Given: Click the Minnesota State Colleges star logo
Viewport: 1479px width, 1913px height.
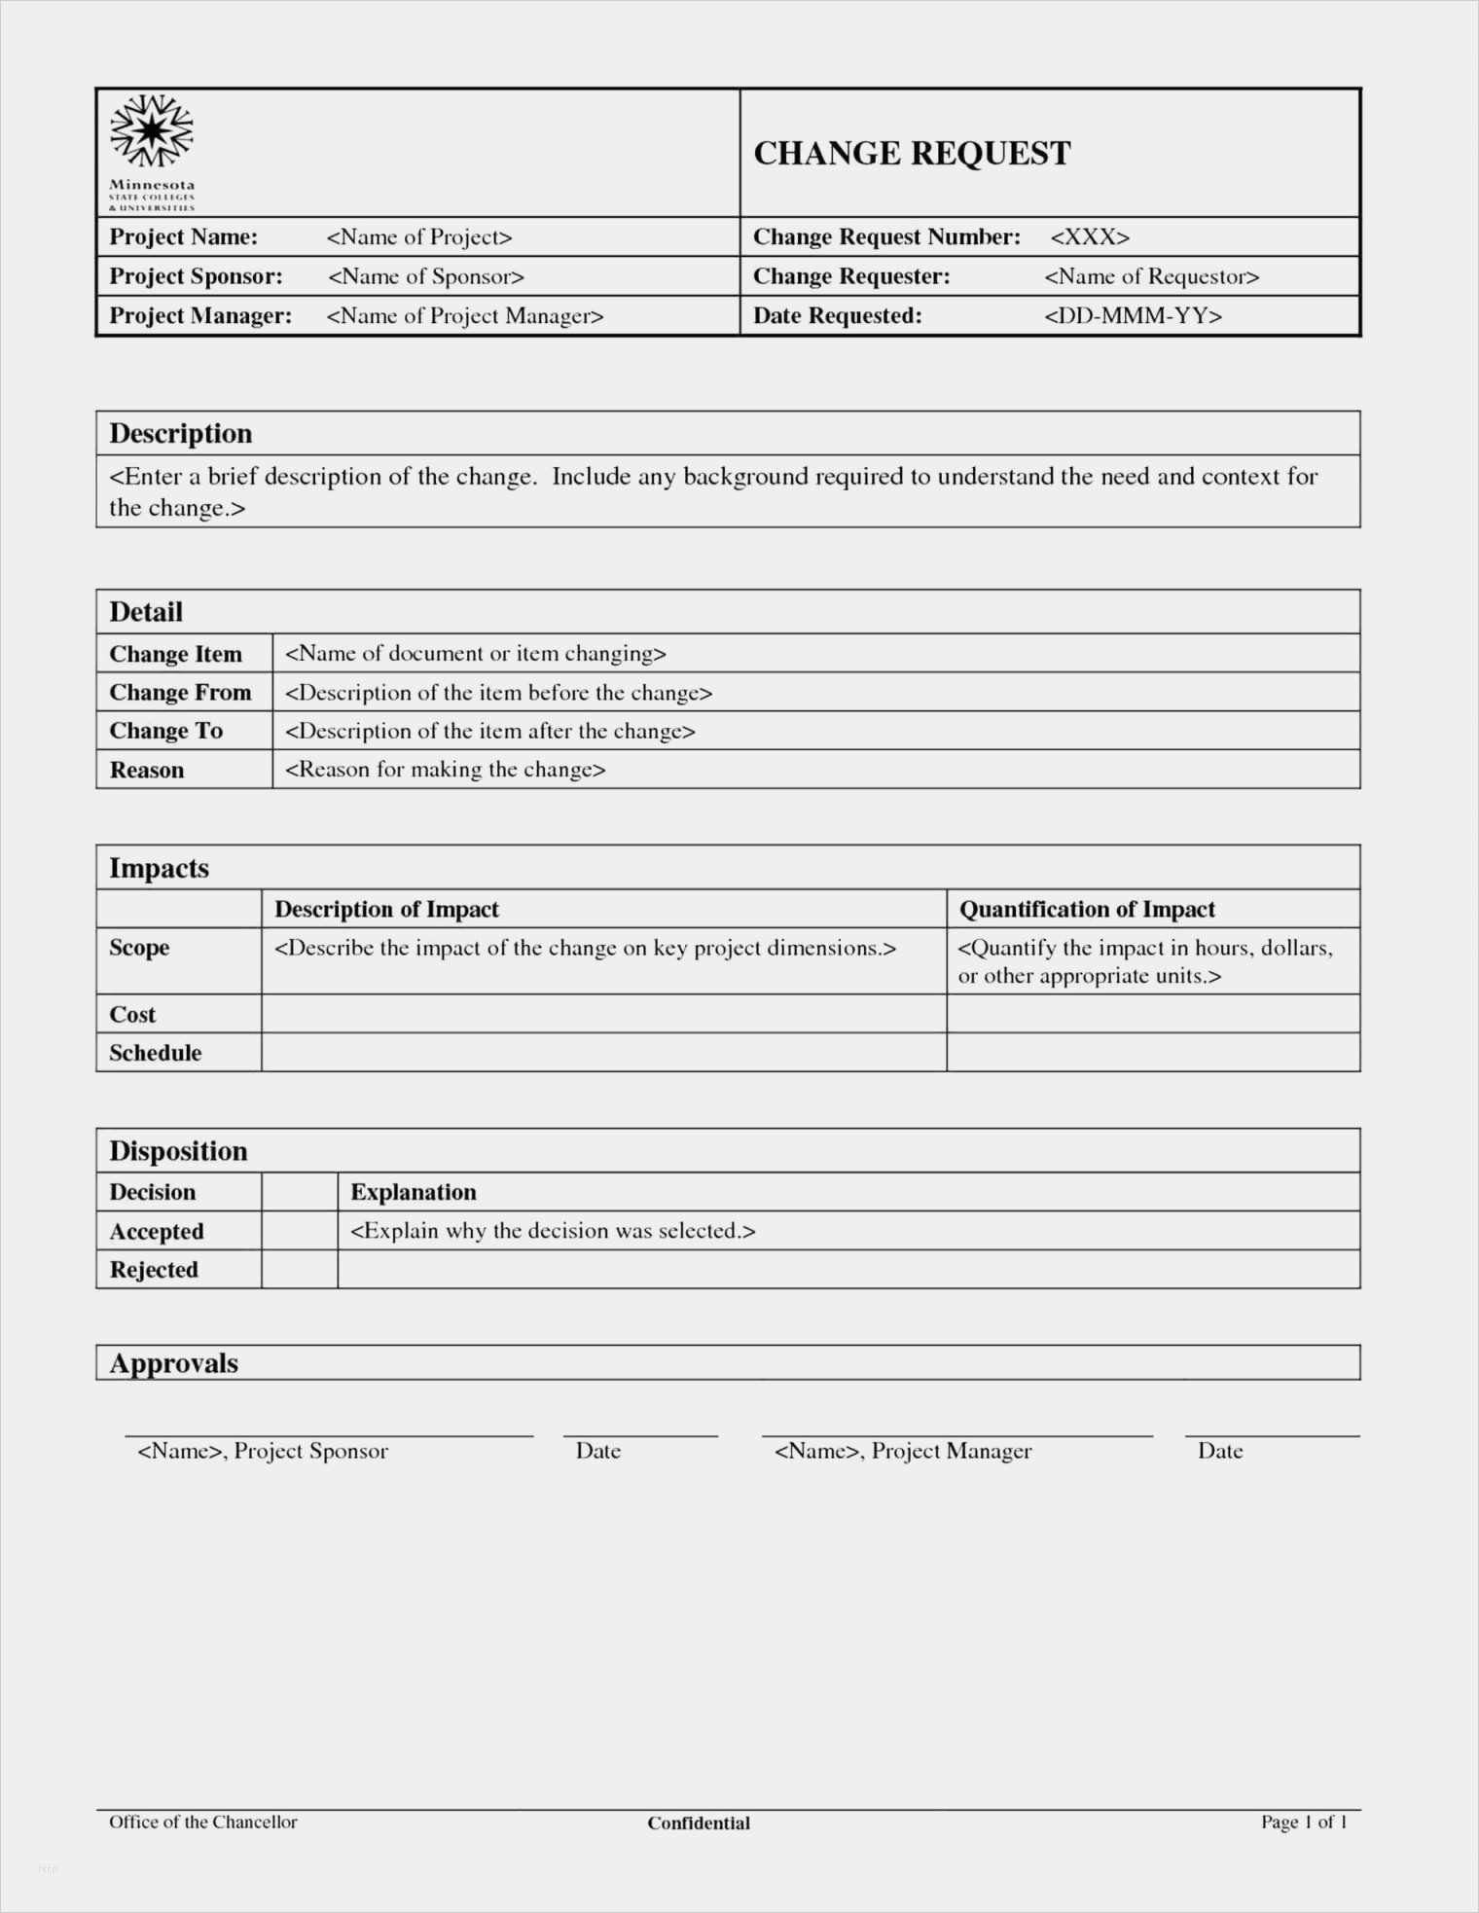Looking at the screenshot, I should pos(152,131).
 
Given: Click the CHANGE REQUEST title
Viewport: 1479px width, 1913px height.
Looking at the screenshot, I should pos(912,154).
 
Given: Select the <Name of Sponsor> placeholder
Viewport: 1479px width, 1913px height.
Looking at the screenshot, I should pos(425,276).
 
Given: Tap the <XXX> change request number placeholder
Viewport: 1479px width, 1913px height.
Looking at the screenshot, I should pos(1089,237).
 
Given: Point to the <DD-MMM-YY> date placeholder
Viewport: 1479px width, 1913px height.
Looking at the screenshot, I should pos(1133,315).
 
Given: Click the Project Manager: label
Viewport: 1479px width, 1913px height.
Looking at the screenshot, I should pos(200,315).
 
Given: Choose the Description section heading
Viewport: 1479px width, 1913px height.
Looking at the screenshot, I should pos(180,433).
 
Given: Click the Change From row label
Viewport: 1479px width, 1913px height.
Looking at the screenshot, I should pos(180,692).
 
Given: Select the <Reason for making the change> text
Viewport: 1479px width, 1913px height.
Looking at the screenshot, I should pos(445,770).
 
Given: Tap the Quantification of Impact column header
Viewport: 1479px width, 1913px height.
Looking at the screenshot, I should pos(1087,909).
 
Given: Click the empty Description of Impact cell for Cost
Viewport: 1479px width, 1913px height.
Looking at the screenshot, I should pos(603,1014).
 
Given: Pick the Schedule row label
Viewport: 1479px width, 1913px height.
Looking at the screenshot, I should pos(155,1053).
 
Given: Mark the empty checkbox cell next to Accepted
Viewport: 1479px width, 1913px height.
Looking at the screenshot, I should pos(300,1231).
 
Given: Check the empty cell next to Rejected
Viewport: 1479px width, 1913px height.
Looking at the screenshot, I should pos(300,1270).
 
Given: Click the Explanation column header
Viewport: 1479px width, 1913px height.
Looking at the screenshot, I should pos(414,1192).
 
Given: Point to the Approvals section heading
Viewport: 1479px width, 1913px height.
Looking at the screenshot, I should pos(173,1363).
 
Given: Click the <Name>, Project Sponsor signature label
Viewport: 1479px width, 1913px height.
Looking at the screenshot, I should pos(263,1451).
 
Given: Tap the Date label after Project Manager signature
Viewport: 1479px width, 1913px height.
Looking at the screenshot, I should pos(1220,1451).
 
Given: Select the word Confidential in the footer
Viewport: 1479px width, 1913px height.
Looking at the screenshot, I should pos(699,1823).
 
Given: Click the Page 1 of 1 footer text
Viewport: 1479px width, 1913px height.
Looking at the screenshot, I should pos(1304,1822).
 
